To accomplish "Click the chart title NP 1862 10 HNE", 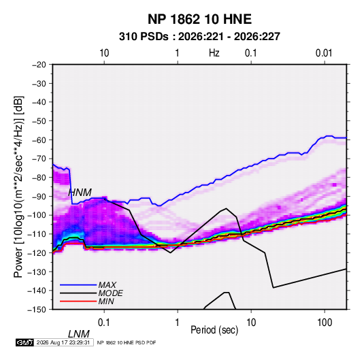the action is [x=199, y=19].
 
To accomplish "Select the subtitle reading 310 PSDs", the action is [x=144, y=37].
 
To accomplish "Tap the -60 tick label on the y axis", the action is [x=39, y=140].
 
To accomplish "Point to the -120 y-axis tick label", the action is [x=37, y=252].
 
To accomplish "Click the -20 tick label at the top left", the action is [x=39, y=65].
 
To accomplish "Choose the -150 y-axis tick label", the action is [x=37, y=310].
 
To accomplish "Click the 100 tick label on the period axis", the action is [x=325, y=323].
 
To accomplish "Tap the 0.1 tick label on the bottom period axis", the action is [x=104, y=323].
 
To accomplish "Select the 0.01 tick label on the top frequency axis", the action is [x=324, y=53].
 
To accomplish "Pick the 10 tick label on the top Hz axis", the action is [x=104, y=53].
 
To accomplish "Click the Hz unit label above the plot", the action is [x=214, y=53].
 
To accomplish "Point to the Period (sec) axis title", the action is [x=214, y=330].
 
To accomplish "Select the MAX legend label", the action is [x=107, y=284].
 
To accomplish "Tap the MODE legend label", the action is [x=110, y=293].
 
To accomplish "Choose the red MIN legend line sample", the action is [x=78, y=301].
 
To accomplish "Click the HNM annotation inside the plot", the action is [x=80, y=193].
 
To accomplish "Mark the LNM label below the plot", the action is [x=79, y=334].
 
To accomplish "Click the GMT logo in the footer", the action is [x=24, y=342].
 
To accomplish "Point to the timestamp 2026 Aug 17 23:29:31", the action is [x=63, y=342].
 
